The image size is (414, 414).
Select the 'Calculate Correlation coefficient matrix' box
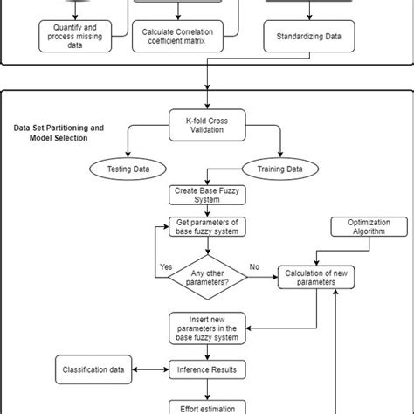[177, 38]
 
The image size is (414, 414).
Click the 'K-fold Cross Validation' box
[207, 123]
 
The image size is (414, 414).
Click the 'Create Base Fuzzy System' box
[208, 194]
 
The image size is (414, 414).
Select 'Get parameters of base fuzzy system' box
[208, 227]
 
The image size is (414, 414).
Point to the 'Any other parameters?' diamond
[208, 279]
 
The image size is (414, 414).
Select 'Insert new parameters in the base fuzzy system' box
[208, 329]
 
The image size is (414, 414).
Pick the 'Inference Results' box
[208, 370]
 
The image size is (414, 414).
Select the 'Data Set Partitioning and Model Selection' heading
[59, 133]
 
